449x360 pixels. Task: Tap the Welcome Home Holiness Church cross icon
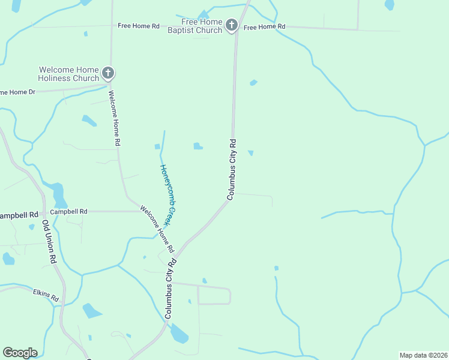point(107,73)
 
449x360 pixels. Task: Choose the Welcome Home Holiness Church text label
point(68,74)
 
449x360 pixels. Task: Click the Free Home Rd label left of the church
point(139,26)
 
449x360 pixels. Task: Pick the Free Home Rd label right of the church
point(264,27)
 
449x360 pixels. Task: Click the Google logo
point(20,353)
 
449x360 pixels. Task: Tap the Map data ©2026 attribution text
point(423,355)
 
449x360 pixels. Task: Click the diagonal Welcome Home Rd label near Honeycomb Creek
point(157,229)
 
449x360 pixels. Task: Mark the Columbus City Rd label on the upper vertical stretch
point(232,169)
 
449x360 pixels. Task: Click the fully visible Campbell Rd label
point(68,211)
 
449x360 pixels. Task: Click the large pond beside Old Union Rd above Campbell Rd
point(58,194)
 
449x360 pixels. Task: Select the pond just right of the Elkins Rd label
point(92,311)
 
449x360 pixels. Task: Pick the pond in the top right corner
point(390,5)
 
